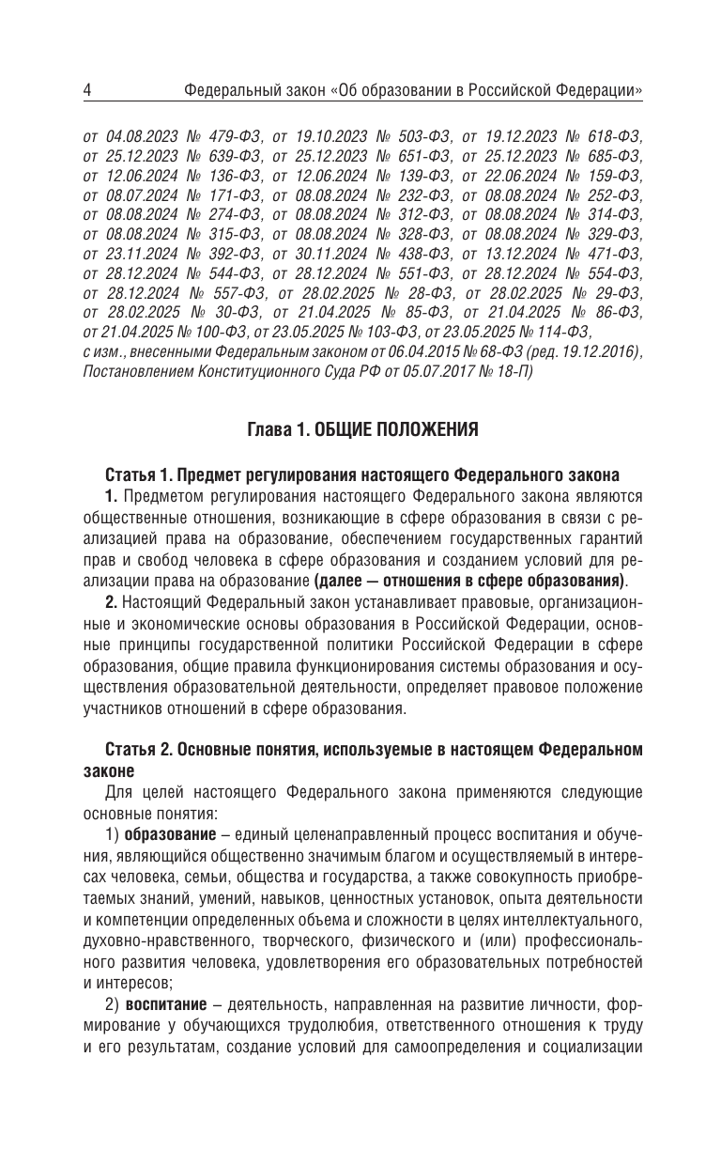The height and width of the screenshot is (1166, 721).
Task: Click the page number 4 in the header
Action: [86, 91]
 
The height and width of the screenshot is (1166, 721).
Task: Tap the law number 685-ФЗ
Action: [610, 155]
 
